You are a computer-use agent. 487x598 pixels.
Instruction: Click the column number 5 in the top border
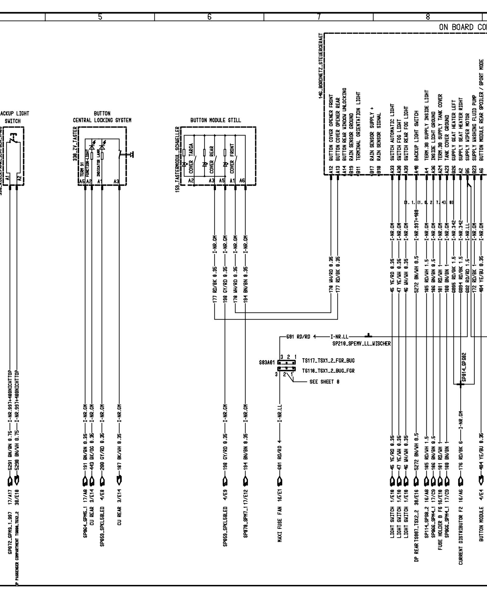(x=100, y=17)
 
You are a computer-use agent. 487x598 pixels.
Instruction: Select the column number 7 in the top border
(x=319, y=17)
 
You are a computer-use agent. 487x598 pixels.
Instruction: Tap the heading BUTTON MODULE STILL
(x=216, y=120)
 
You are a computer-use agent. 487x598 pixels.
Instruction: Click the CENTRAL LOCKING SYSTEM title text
(x=102, y=120)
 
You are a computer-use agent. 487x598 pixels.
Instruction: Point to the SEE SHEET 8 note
(x=324, y=382)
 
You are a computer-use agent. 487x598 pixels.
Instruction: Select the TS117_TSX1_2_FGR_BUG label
(x=328, y=361)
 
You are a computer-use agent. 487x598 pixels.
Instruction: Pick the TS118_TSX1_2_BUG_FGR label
(x=328, y=371)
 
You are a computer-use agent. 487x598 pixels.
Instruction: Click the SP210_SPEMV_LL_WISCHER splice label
(x=361, y=344)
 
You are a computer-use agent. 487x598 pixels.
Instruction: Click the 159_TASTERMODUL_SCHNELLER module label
(x=177, y=158)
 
